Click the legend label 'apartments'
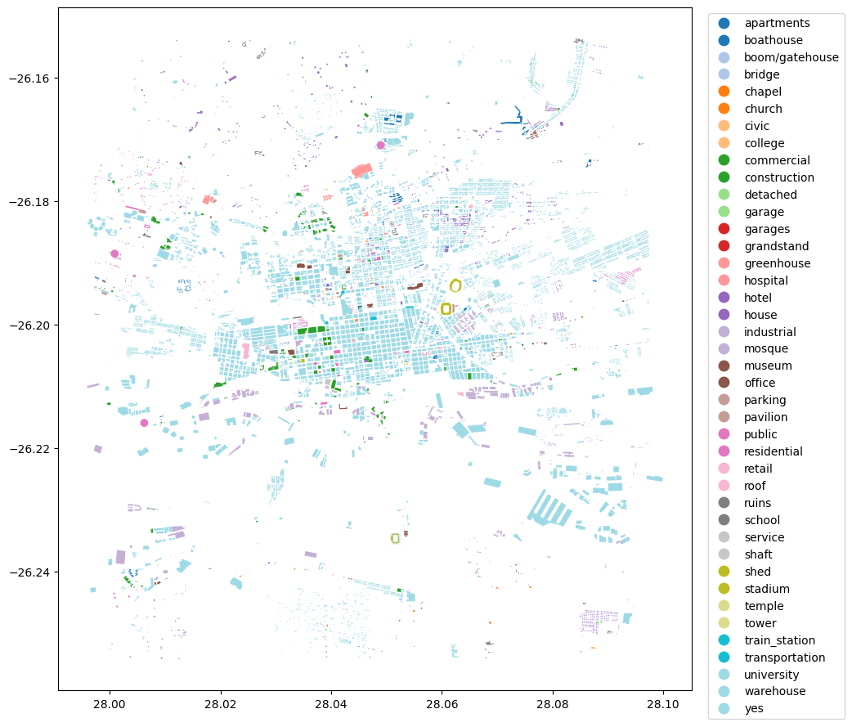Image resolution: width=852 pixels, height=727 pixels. [x=777, y=23]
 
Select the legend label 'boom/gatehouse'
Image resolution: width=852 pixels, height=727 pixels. [x=791, y=57]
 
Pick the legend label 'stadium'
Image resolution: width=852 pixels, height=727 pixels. [x=767, y=589]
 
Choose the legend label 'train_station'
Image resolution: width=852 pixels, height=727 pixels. [x=779, y=640]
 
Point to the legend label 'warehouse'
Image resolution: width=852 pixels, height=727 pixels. [x=774, y=692]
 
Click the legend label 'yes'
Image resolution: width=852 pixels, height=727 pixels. [x=754, y=709]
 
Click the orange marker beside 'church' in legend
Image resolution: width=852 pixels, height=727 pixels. [x=723, y=109]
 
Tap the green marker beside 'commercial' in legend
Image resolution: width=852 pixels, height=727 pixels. [x=723, y=160]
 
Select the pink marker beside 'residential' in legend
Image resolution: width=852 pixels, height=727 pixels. [x=723, y=451]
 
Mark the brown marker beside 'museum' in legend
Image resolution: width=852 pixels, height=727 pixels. [x=723, y=366]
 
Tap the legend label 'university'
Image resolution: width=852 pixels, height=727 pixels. [x=772, y=675]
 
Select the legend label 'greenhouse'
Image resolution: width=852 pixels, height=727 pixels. [x=778, y=263]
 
